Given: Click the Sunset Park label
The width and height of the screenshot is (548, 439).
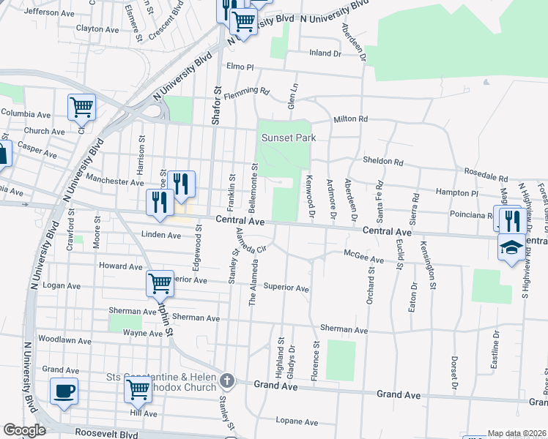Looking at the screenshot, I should click(284, 138).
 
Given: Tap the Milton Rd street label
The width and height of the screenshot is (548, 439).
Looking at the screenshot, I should click(349, 119).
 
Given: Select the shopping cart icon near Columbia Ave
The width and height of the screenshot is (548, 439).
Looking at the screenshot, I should click(82, 108).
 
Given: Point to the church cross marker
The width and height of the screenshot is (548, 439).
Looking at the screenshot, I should click(227, 380).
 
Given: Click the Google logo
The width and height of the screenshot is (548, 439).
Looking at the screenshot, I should click(24, 430).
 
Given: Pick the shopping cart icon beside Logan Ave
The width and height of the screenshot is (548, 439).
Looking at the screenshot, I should click(160, 283).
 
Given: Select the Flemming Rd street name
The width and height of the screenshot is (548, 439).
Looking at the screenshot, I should click(248, 91).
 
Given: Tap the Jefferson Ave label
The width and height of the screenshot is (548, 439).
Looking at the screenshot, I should click(51, 12).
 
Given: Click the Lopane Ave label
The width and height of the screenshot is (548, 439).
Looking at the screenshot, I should click(297, 421).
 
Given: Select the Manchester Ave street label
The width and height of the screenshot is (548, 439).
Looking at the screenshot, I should click(115, 181).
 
